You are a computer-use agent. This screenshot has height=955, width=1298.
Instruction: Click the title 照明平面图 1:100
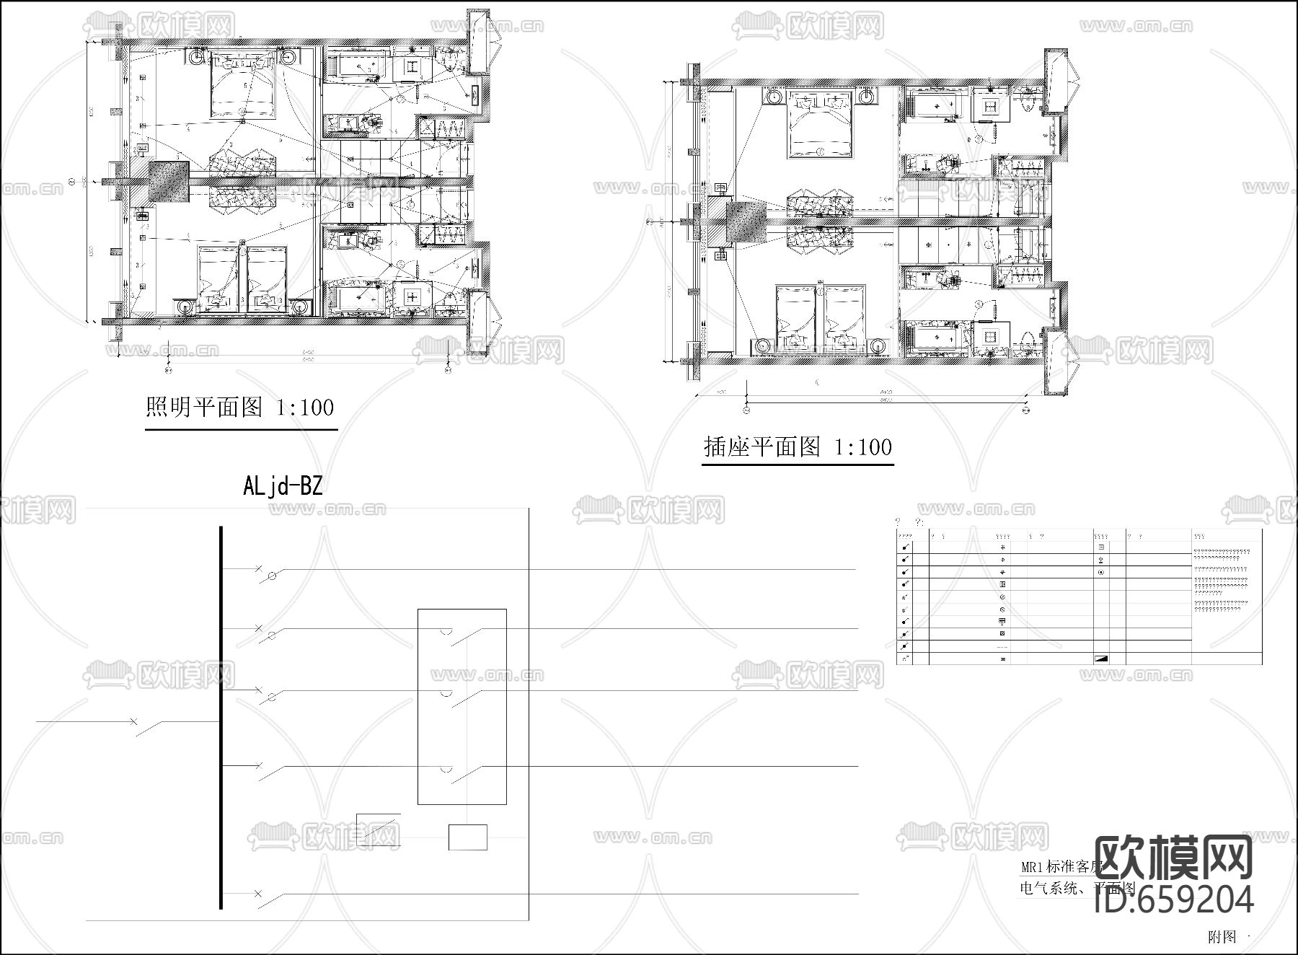click(239, 408)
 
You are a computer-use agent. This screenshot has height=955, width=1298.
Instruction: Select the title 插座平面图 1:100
click(798, 447)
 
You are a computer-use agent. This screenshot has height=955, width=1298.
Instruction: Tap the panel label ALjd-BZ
click(282, 486)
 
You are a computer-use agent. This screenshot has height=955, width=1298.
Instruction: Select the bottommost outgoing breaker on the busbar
click(268, 899)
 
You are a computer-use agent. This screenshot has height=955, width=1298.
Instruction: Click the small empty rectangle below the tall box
click(467, 837)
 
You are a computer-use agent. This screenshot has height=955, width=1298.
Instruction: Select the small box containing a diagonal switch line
click(378, 829)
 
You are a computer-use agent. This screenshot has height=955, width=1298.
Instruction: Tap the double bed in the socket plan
click(821, 125)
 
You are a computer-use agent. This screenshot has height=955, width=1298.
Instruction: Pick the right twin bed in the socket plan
click(849, 317)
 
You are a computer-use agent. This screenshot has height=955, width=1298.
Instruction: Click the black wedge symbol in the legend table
click(1100, 659)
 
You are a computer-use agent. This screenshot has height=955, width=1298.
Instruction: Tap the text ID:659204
click(1174, 899)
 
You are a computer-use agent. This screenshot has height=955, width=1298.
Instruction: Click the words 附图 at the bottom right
click(1222, 937)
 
